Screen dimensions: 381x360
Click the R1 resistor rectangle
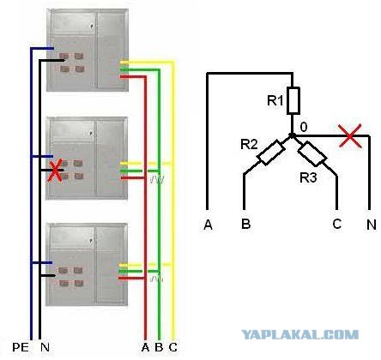coord(293,100)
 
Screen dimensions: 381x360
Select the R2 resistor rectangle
coord(270,153)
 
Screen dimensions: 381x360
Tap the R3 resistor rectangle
coord(312,153)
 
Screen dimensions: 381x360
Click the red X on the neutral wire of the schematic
coord(350,136)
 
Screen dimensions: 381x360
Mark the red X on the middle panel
coord(56,171)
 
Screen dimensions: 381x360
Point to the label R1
coord(275,100)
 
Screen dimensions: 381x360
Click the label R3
coord(308,177)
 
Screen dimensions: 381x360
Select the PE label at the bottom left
coord(21,347)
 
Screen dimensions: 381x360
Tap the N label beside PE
coord(45,347)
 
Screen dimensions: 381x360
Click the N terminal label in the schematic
coord(372,225)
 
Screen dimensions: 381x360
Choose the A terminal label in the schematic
coord(209,225)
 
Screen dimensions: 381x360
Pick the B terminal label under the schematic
coord(246,224)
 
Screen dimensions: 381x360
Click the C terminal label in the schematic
coord(337,224)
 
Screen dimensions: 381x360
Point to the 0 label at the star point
coord(304,127)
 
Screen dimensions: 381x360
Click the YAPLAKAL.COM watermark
coord(299,334)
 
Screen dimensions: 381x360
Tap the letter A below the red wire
coord(146,347)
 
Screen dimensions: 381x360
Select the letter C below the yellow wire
coord(172,347)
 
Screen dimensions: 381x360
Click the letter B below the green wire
coord(159,347)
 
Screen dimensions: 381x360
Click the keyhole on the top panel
coord(92,26)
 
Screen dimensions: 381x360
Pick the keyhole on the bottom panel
coord(91,241)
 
